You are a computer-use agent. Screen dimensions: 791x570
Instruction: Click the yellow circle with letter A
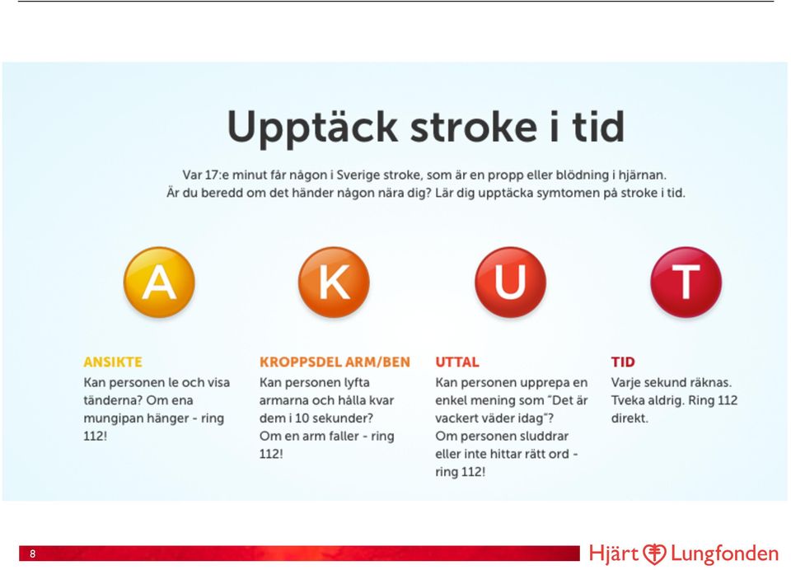[x=159, y=282]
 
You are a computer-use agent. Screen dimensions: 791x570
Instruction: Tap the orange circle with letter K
[x=334, y=282]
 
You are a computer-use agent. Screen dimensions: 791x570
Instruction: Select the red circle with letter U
[x=511, y=282]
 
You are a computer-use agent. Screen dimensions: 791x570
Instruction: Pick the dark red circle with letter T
[x=686, y=282]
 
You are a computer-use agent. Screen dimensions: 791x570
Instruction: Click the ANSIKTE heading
[x=113, y=362]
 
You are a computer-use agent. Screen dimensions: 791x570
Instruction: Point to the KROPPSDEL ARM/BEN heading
[x=335, y=362]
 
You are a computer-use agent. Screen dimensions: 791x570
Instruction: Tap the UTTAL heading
[x=457, y=362]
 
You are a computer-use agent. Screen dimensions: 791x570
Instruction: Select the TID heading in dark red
[x=623, y=362]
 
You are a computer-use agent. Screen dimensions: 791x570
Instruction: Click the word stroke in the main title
[x=474, y=127]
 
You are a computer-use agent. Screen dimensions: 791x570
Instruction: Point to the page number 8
[x=33, y=554]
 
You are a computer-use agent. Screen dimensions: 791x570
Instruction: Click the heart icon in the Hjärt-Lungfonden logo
[x=654, y=554]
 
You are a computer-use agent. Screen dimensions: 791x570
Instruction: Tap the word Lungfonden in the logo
[x=724, y=554]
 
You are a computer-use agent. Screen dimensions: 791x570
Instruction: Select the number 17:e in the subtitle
[x=217, y=175]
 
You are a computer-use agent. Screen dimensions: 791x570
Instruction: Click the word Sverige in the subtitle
[x=358, y=175]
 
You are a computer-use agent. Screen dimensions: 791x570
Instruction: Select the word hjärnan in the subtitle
[x=643, y=175]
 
